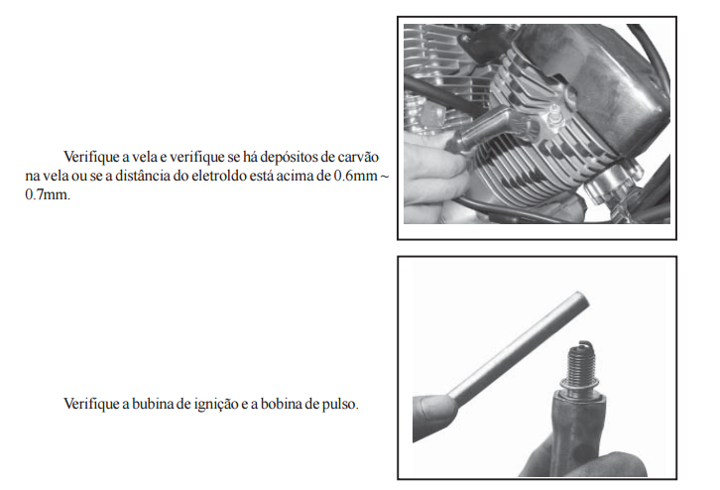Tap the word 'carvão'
[x=358, y=157]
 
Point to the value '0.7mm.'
[x=48, y=194]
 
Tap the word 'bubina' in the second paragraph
[x=153, y=404]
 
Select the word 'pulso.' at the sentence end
[x=340, y=405]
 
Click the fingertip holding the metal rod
[x=435, y=416]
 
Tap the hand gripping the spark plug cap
[x=434, y=177]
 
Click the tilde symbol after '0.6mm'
[x=385, y=177]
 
